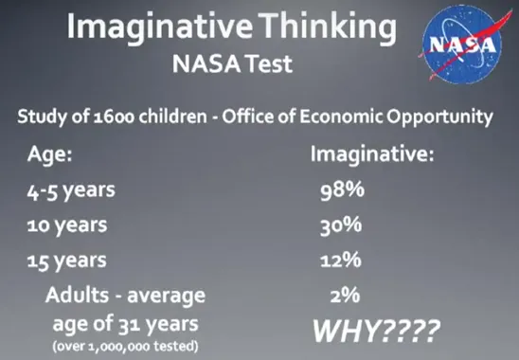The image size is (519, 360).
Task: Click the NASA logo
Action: coord(462,45)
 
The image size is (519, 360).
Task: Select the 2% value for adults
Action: coord(346,296)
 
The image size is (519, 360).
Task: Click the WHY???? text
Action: coord(375,332)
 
